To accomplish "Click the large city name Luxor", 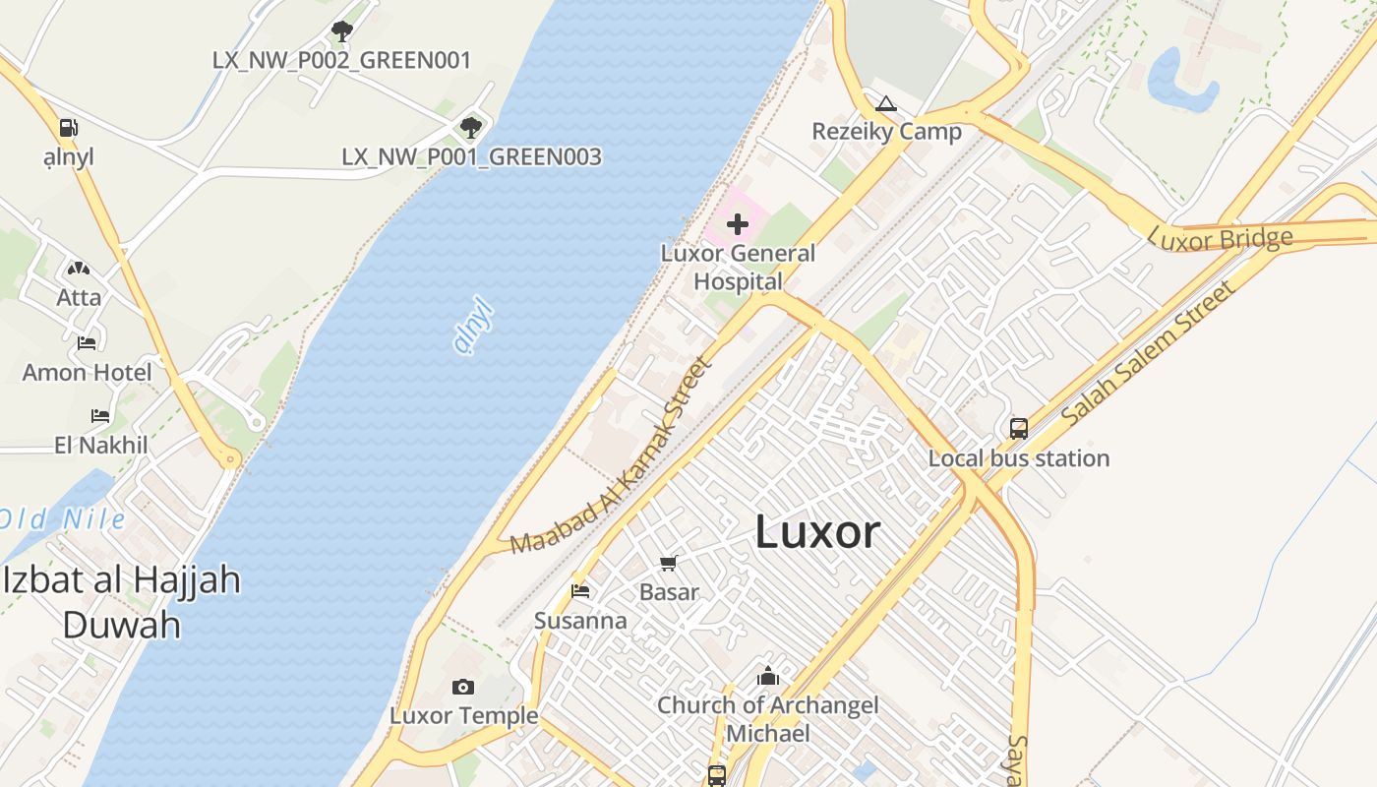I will coord(817,532).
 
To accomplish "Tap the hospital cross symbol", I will coord(738,224).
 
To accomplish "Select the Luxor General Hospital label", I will coord(738,268).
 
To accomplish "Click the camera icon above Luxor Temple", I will coord(463,687).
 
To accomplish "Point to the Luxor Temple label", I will coord(464,715).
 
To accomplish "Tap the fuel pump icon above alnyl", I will coord(68,128).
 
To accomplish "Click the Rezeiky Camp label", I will coord(886,131).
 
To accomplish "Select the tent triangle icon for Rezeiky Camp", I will coord(886,103).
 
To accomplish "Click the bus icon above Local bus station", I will coord(1019,429).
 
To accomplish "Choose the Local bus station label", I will coord(1019,458).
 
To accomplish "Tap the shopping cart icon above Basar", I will coord(669,563).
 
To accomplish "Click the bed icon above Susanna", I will coord(580,591).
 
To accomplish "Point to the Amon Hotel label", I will coord(88,372).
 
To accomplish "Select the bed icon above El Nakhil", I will coord(100,416).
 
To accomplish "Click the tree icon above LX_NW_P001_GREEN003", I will coord(471,127).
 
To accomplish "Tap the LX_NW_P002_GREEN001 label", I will coord(341,60).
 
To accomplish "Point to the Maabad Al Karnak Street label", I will coord(611,455).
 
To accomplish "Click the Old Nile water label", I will coord(63,519).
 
